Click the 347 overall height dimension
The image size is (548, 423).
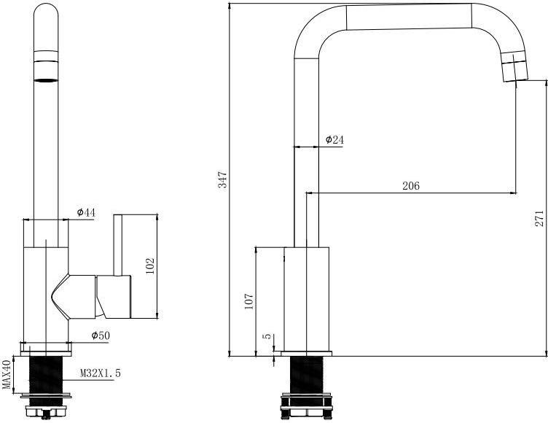pyautogui.click(x=223, y=180)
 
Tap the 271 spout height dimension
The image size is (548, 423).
pyautogui.click(x=539, y=218)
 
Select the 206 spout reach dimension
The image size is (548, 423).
pyautogui.click(x=411, y=186)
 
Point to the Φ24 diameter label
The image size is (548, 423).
pyautogui.click(x=334, y=140)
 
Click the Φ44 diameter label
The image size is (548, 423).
pyautogui.click(x=86, y=212)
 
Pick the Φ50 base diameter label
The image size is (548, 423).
pyautogui.click(x=101, y=335)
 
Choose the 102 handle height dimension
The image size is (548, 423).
pyautogui.click(x=150, y=266)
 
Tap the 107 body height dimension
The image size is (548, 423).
pyautogui.click(x=248, y=301)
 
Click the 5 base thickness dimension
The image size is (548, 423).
pyautogui.click(x=267, y=336)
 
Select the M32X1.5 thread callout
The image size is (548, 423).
pyautogui.click(x=101, y=373)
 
